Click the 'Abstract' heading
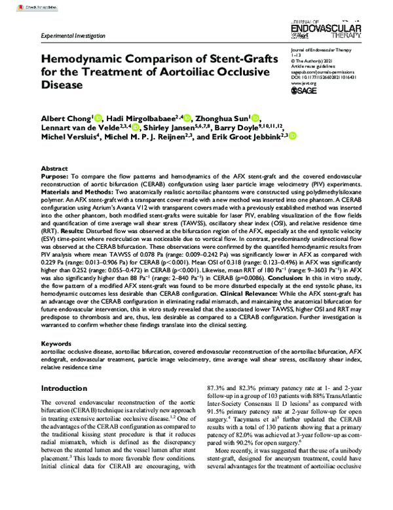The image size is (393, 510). pos(53,168)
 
